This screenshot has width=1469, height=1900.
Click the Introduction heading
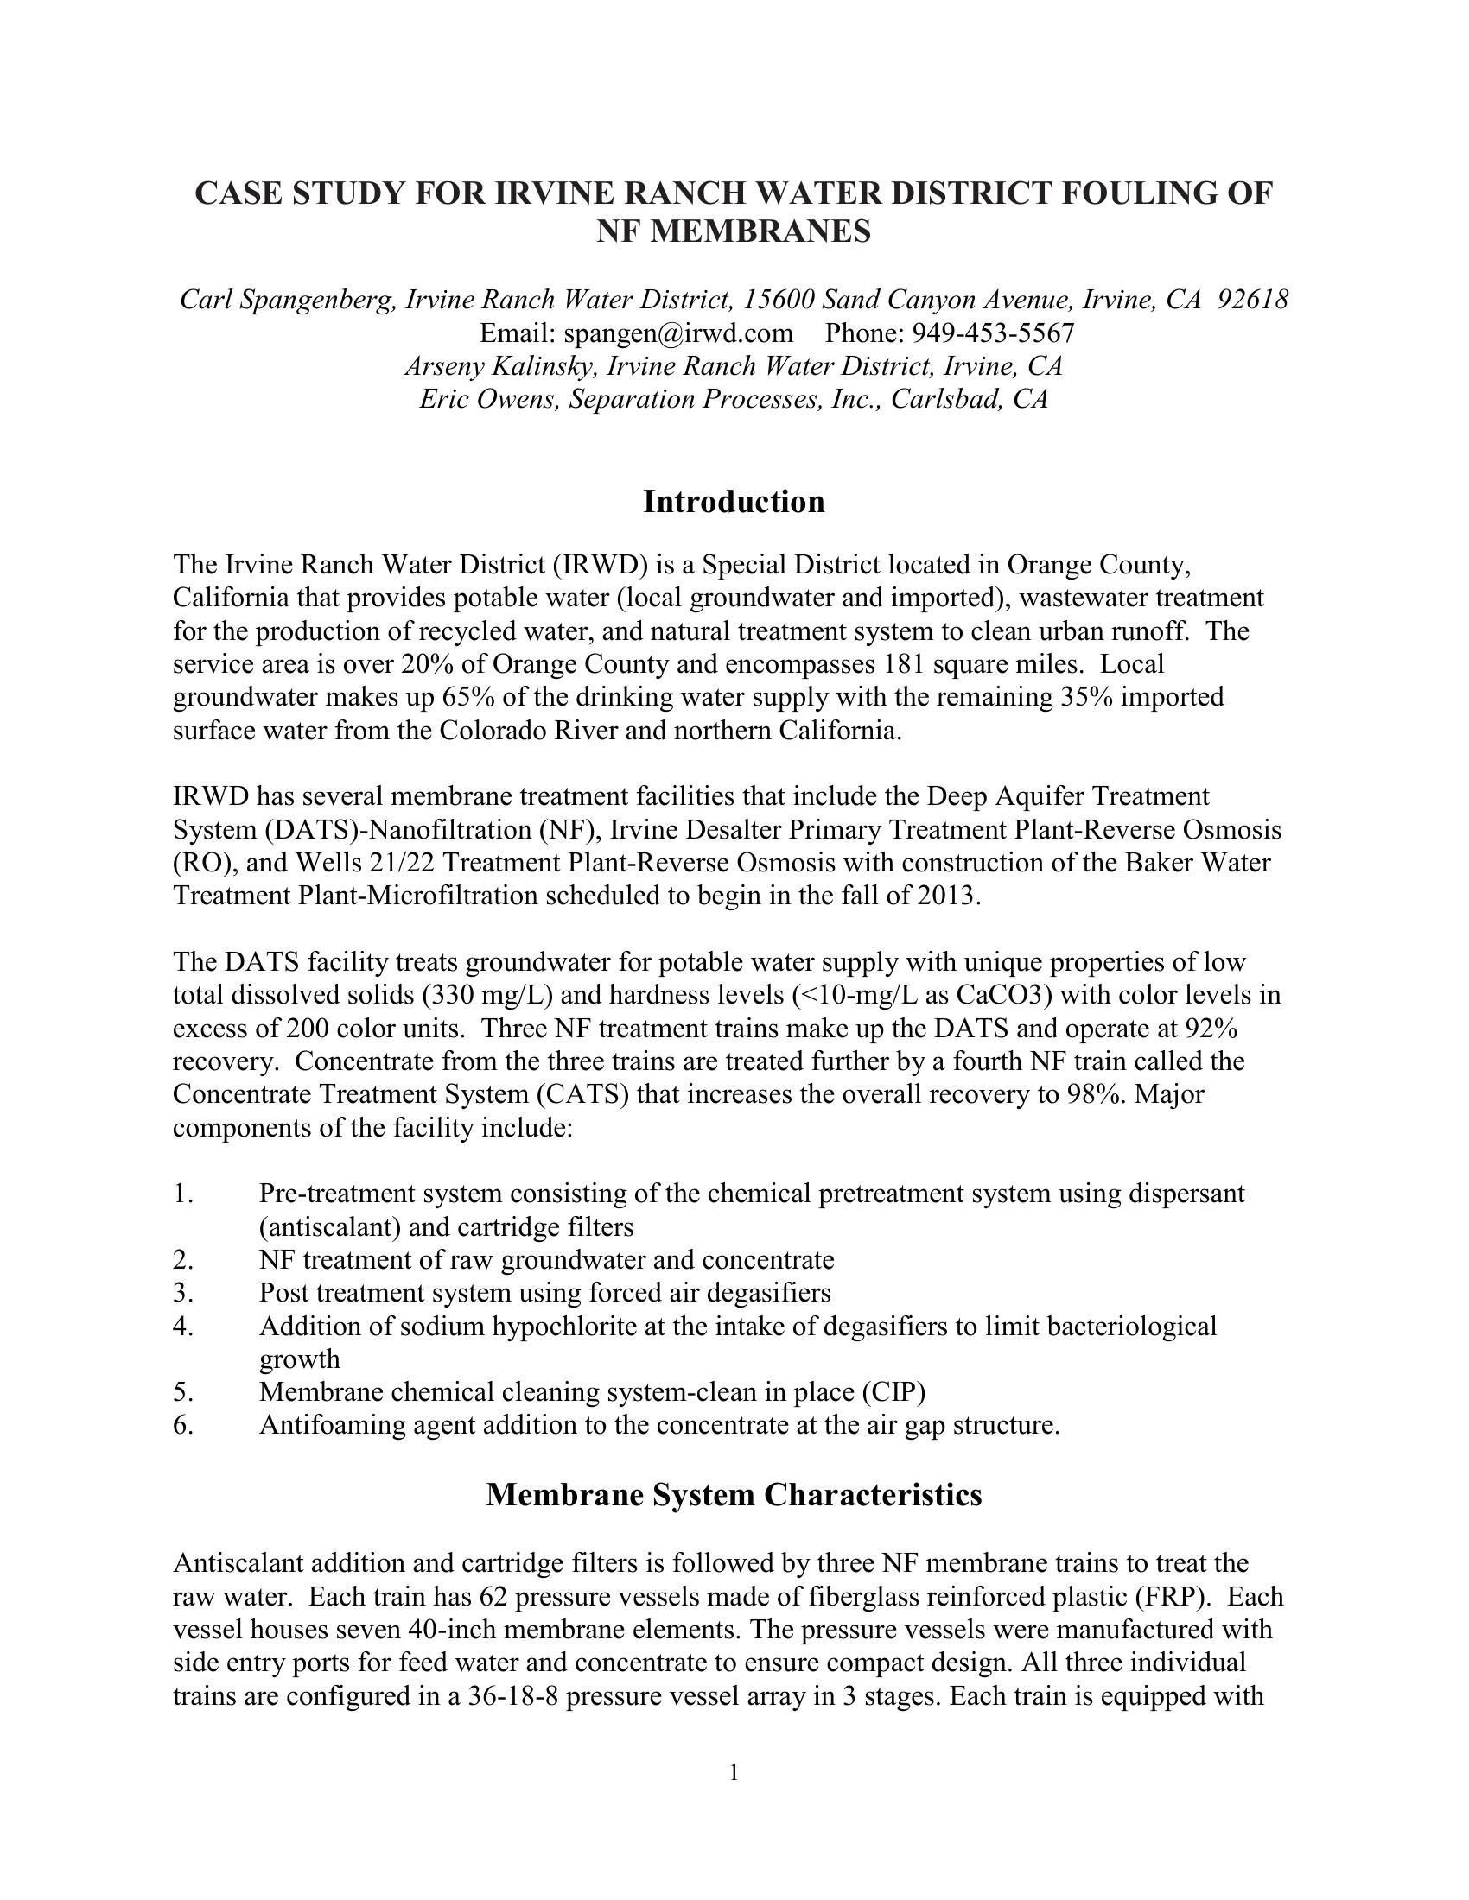point(734,502)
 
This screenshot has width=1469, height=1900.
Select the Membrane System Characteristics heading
point(734,1495)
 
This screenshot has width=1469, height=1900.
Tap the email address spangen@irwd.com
point(678,333)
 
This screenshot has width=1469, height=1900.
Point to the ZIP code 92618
point(1252,301)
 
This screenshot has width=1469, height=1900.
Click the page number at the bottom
point(734,1772)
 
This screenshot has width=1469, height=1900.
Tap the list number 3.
point(181,1293)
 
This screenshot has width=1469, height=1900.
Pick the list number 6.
point(181,1425)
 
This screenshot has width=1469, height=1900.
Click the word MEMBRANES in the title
point(734,232)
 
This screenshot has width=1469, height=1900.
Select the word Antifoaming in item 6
point(340,1425)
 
